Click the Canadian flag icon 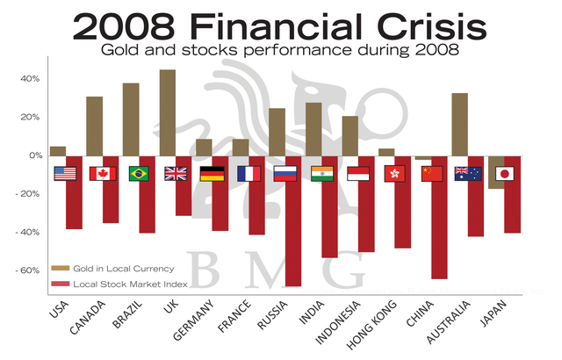click(103, 173)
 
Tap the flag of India click(323, 173)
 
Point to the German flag click(213, 173)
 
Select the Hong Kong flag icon click(396, 173)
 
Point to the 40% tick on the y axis click(32, 78)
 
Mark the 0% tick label click(35, 155)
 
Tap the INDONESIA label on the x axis click(345, 326)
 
